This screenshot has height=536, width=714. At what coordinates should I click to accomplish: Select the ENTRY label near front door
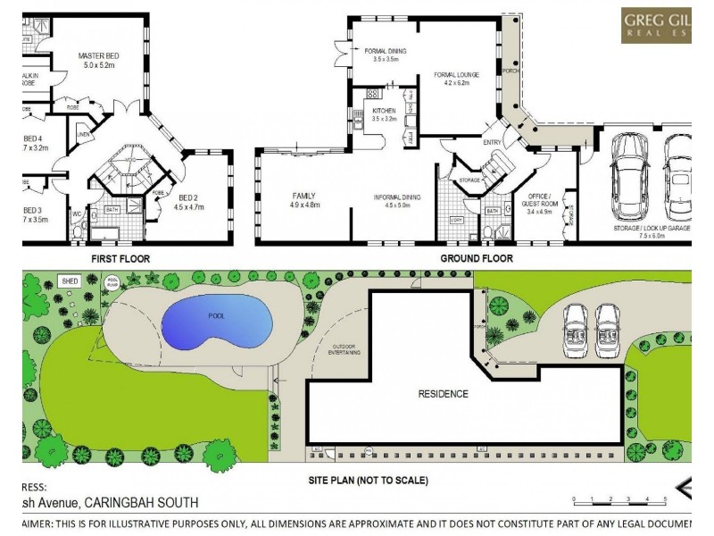coord(492,141)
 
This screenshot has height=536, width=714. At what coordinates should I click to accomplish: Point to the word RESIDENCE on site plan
coord(444,393)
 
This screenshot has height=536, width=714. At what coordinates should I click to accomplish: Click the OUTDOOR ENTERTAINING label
coord(345,351)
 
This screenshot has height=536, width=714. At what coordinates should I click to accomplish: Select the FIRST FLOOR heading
coord(120,258)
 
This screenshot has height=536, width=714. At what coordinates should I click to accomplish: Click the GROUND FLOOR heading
coord(476,258)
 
